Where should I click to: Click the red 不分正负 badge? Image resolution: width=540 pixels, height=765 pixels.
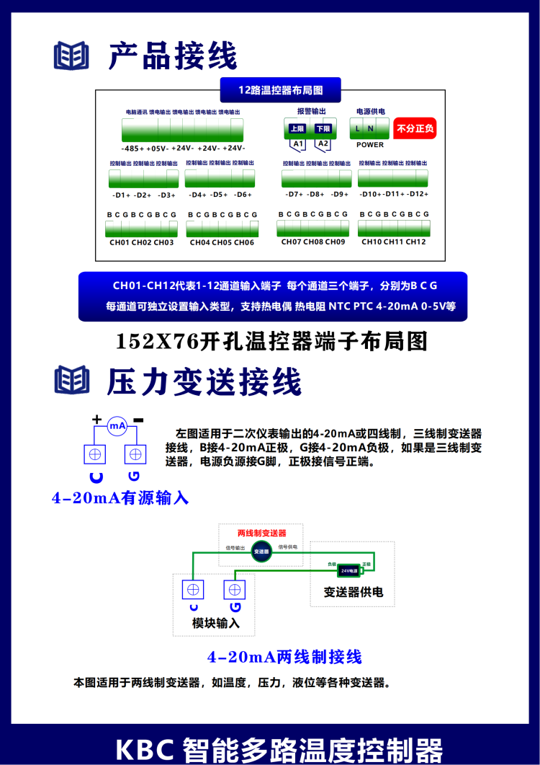tap(415, 129)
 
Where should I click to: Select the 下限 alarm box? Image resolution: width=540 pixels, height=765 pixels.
tap(323, 128)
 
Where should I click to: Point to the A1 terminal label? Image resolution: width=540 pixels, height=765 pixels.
tap(297, 144)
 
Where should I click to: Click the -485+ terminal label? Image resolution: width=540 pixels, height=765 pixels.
tap(132, 148)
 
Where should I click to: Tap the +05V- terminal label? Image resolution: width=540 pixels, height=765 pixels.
tap(157, 148)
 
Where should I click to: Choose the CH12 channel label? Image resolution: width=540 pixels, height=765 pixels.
tap(415, 242)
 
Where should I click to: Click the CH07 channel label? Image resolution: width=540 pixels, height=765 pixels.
tap(291, 242)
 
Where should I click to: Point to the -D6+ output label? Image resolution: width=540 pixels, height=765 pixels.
tap(243, 195)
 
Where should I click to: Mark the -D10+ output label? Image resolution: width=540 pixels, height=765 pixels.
tap(370, 194)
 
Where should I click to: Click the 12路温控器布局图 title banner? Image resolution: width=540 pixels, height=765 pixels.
tap(280, 90)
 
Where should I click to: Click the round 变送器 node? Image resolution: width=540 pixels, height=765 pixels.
tap(261, 551)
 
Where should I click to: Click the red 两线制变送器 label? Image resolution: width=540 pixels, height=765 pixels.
tap(261, 533)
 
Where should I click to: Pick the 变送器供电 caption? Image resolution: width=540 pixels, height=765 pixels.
tap(353, 592)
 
